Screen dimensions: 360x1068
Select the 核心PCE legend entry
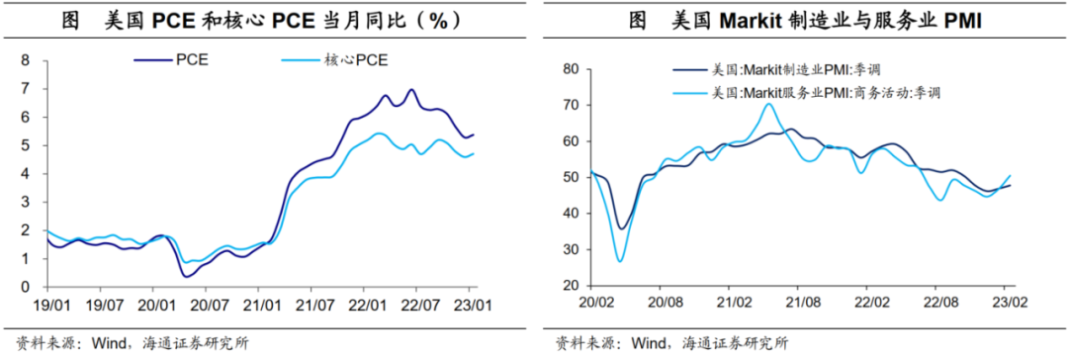356,61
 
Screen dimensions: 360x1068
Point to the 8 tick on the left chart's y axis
29,61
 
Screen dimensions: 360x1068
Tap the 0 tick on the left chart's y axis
29,288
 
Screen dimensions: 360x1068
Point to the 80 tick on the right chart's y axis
570,69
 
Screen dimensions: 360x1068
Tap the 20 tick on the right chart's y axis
570,285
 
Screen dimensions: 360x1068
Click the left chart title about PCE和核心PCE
267,19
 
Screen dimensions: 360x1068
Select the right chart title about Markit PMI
801,19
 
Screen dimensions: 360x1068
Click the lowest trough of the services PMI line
620,261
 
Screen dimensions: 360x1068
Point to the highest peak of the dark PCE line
410,90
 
